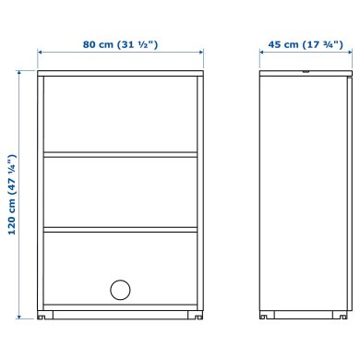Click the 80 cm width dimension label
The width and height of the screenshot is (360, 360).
coord(120,43)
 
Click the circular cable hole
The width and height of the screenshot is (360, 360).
coord(121,290)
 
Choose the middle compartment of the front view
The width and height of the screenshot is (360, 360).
coord(121,191)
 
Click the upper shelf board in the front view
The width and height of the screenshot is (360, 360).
coord(121,154)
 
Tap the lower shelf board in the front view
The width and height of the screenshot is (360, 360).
coord(121,229)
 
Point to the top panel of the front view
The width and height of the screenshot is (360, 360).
coord(121,73)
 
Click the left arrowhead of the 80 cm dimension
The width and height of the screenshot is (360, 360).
coord(41,54)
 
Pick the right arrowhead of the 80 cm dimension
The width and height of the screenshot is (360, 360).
coord(201,54)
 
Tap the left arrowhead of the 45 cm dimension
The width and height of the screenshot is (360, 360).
coord(263,54)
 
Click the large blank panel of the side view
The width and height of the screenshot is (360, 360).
coord(300,194)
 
